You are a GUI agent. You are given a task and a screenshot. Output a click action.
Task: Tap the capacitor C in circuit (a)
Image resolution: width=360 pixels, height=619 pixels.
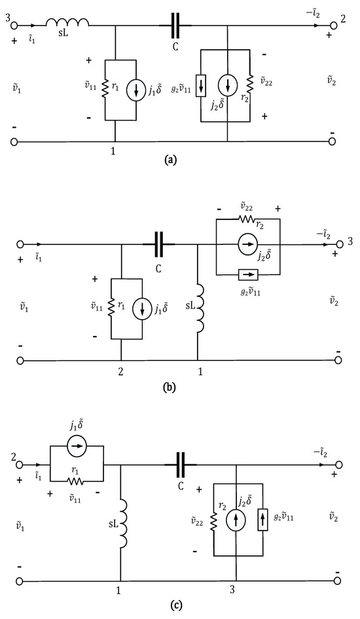(x=175, y=26)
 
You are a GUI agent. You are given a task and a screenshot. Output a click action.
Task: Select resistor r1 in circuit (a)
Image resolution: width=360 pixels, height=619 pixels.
(x=105, y=89)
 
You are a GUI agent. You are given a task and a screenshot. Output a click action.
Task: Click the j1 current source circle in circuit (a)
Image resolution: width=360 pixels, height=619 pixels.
(x=136, y=90)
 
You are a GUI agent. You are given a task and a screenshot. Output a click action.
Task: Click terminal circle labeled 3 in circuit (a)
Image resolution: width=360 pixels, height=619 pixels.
(x=14, y=26)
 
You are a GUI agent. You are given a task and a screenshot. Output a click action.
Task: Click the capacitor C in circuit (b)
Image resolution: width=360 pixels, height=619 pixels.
(x=159, y=245)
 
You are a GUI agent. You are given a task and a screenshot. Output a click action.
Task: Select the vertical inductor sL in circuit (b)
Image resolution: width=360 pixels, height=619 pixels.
(x=201, y=309)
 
